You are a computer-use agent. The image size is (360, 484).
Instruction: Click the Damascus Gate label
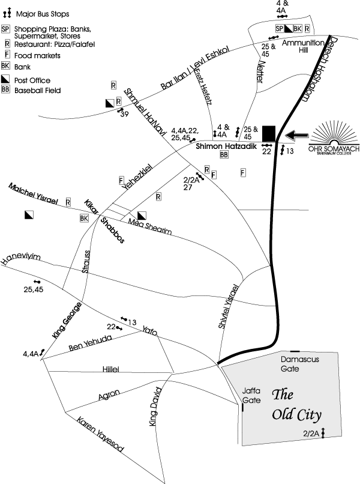(299, 363)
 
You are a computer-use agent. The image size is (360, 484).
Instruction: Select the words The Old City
(297, 405)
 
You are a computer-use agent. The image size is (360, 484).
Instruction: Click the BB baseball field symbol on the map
(224, 155)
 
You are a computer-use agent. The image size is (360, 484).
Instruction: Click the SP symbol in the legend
(5, 28)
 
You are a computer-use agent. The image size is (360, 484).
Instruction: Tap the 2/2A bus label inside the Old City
(310, 433)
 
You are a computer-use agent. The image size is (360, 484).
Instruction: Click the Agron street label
(109, 395)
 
